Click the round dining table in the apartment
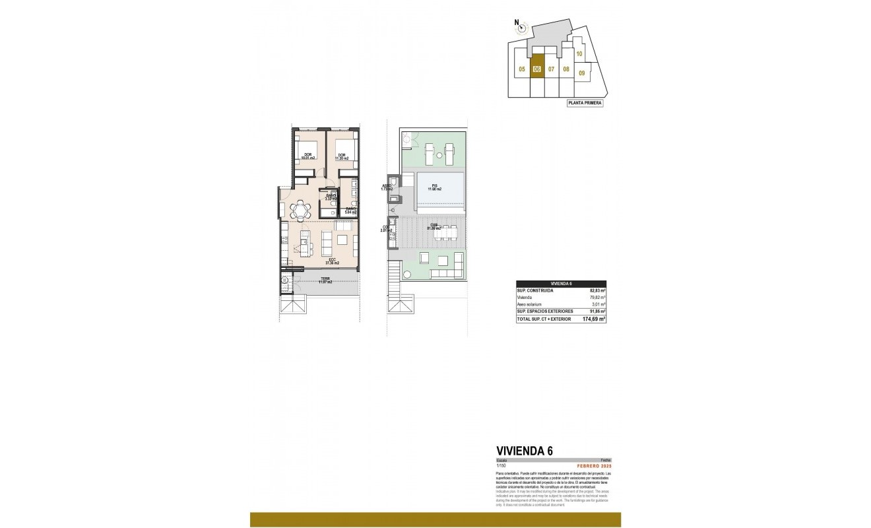point(301,210)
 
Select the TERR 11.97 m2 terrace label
point(326,280)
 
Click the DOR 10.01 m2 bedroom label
point(307,157)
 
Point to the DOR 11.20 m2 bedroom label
point(342,157)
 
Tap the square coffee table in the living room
point(343,241)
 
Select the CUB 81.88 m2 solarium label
point(434,226)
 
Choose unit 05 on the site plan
point(521,69)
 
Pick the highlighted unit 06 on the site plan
point(537,69)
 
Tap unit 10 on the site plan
point(579,54)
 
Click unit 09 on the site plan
point(581,73)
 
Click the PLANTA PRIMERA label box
point(585,103)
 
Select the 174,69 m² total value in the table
point(594,319)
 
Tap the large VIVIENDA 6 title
point(524,451)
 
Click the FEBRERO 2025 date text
point(595,467)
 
